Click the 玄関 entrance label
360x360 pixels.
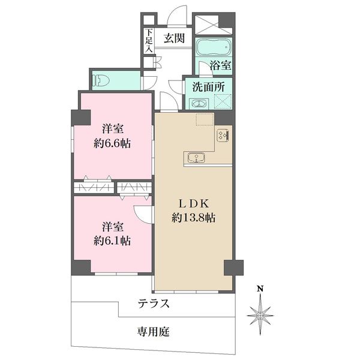click(174, 38)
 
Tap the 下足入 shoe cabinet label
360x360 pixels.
click(149, 41)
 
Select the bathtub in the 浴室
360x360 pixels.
click(214, 48)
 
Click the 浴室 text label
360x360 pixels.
click(220, 65)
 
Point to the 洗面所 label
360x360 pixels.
click(208, 87)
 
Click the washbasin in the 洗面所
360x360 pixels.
click(199, 104)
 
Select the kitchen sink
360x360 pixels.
click(196, 158)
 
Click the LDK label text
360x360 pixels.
click(194, 203)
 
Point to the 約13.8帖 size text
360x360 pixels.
click(194, 217)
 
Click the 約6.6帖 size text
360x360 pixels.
click(112, 144)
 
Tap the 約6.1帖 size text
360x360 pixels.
click(112, 241)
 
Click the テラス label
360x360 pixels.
click(154, 303)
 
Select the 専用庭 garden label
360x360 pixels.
click(154, 332)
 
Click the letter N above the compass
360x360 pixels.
click(260, 289)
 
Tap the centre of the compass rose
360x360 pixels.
click(260, 316)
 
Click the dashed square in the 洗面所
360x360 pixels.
click(223, 101)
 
